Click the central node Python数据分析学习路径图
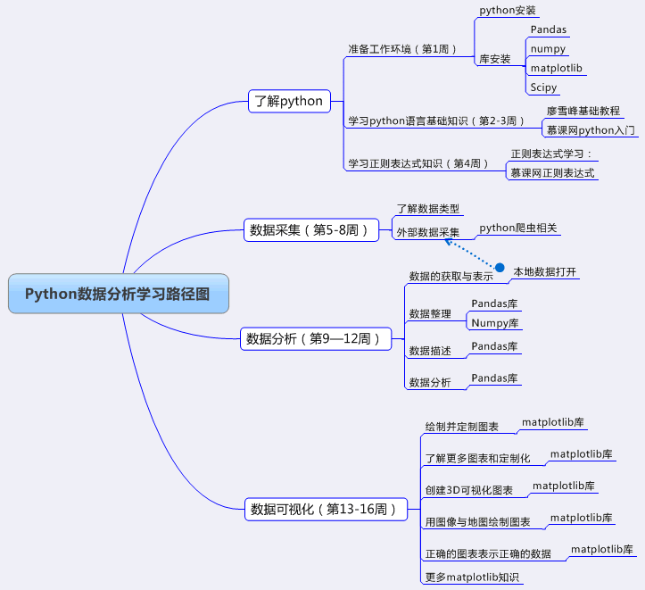point(118,295)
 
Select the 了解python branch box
point(288,101)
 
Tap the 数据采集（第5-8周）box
point(307,230)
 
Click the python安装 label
point(508,11)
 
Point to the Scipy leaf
point(543,87)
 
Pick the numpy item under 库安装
point(548,48)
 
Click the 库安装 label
point(495,59)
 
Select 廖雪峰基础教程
point(583,112)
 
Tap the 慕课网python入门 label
point(591,130)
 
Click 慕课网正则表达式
point(552,173)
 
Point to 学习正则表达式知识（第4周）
point(418,163)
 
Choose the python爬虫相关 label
point(518,229)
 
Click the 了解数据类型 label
point(428,209)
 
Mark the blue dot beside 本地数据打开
point(500,268)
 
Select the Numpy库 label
point(495,322)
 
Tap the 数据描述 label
point(429,351)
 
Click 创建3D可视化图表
point(469,491)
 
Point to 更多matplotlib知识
point(472,578)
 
